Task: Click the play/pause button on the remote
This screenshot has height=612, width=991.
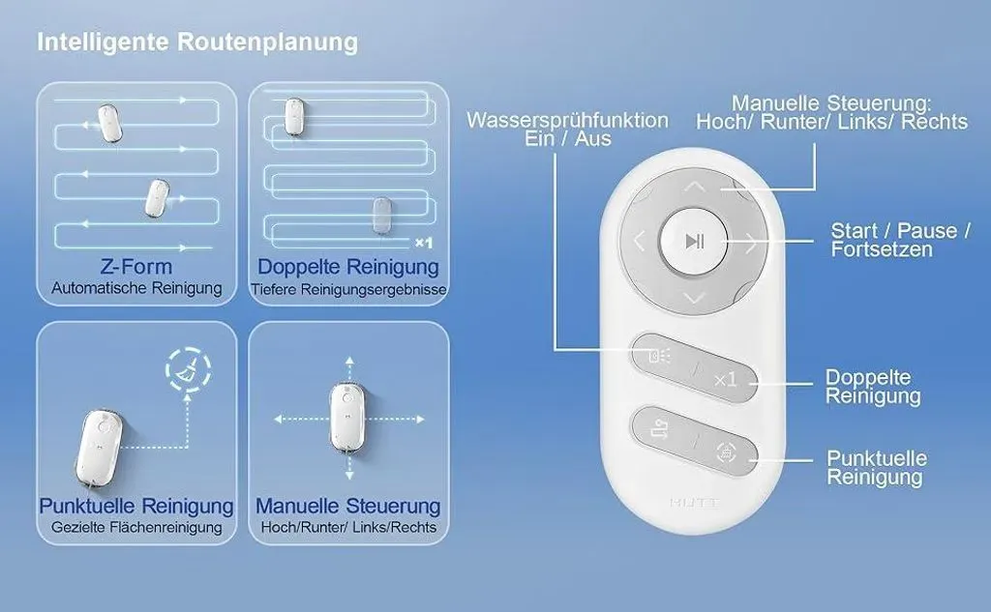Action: point(693,242)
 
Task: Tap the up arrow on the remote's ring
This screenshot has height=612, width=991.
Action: point(695,187)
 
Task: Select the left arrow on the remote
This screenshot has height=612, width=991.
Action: point(639,242)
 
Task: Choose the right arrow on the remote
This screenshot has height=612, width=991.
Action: point(751,243)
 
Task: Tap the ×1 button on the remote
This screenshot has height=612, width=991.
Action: point(725,379)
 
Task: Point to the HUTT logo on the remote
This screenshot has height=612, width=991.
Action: point(694,503)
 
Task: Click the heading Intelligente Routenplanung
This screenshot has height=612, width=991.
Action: point(197,42)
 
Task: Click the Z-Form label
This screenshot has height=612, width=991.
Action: point(135,267)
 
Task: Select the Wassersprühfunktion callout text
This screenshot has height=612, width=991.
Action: point(567,130)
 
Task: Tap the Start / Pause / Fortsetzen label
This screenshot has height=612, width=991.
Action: point(900,240)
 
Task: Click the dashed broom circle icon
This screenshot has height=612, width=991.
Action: point(188,368)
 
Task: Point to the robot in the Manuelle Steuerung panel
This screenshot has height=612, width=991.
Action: point(347,418)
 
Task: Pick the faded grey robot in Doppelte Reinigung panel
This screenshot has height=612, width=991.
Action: point(381,216)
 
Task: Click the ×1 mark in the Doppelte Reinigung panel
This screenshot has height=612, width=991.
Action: point(424,243)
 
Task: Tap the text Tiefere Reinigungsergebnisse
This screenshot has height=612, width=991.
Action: point(348,289)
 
